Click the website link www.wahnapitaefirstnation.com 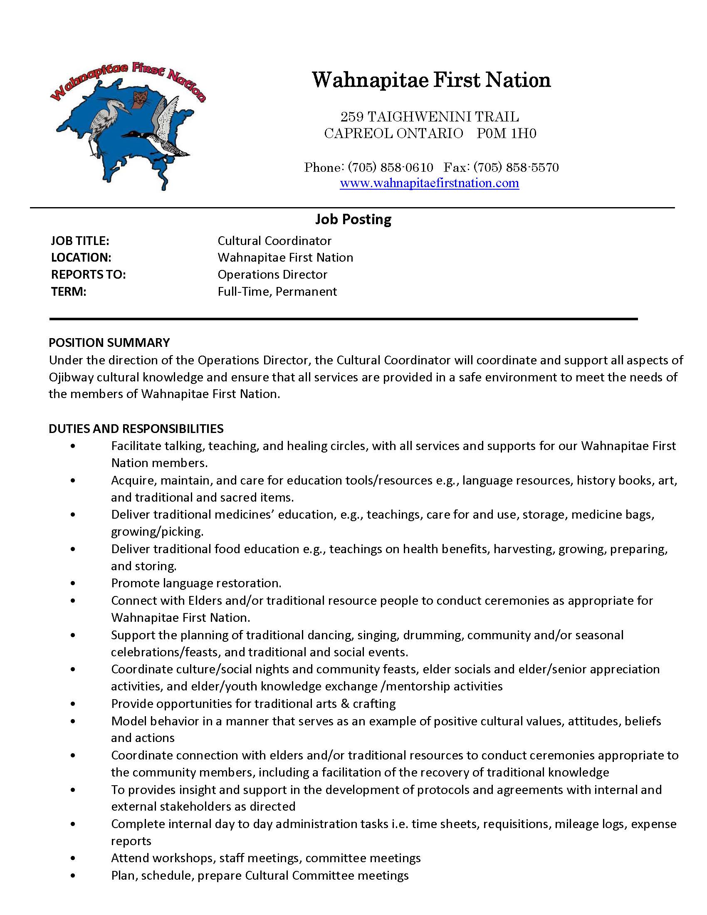pyautogui.click(x=429, y=183)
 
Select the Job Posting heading pyautogui.click(x=353, y=219)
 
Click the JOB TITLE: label pyautogui.click(x=80, y=241)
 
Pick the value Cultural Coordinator pyautogui.click(x=274, y=241)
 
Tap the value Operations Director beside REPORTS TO pyautogui.click(x=272, y=274)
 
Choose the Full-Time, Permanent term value pyautogui.click(x=277, y=292)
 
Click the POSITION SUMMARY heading pyautogui.click(x=109, y=343)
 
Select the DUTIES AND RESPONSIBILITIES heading pyautogui.click(x=136, y=428)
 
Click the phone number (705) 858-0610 pyautogui.click(x=391, y=168)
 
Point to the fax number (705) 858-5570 pyautogui.click(x=516, y=168)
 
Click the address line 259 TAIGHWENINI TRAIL pyautogui.click(x=429, y=116)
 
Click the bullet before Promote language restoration pyautogui.click(x=73, y=583)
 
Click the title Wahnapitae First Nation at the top pyautogui.click(x=431, y=79)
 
